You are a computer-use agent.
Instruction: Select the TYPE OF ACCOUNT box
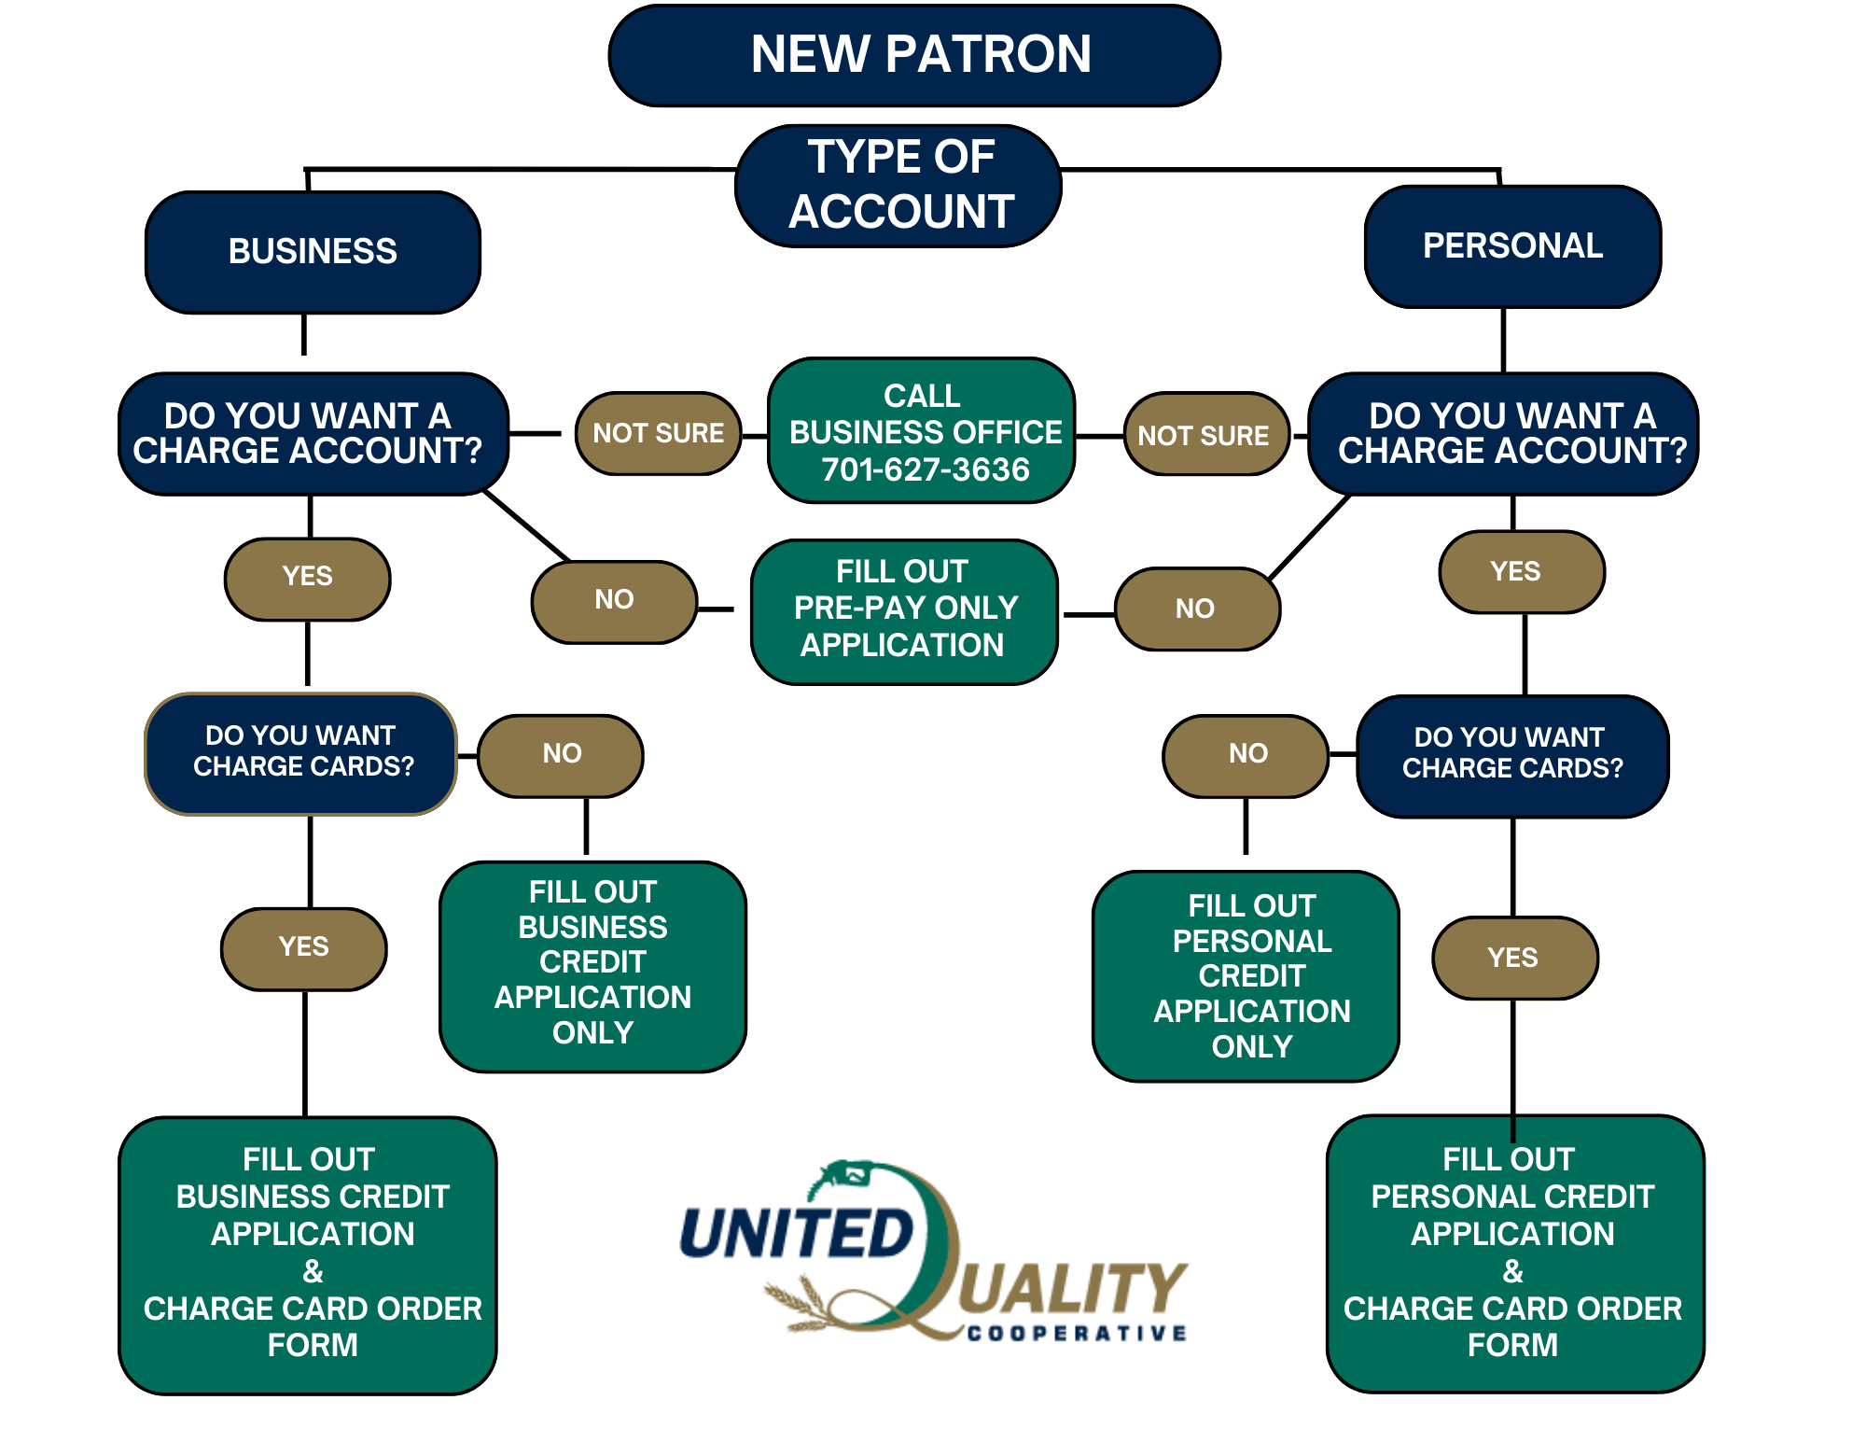899,185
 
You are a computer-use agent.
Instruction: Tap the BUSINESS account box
313,252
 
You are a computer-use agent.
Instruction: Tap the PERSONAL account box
1511,246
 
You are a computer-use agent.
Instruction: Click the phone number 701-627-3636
925,469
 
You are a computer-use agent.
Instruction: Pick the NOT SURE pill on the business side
658,433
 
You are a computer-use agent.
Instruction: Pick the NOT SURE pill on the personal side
1204,435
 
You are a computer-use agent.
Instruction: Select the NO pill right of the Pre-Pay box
1195,609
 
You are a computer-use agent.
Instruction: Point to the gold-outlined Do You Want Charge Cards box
301,752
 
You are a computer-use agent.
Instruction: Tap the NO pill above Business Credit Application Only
561,754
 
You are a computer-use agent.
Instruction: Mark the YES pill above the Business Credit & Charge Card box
303,947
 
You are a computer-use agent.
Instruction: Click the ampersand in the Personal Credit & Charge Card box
1512,1270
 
